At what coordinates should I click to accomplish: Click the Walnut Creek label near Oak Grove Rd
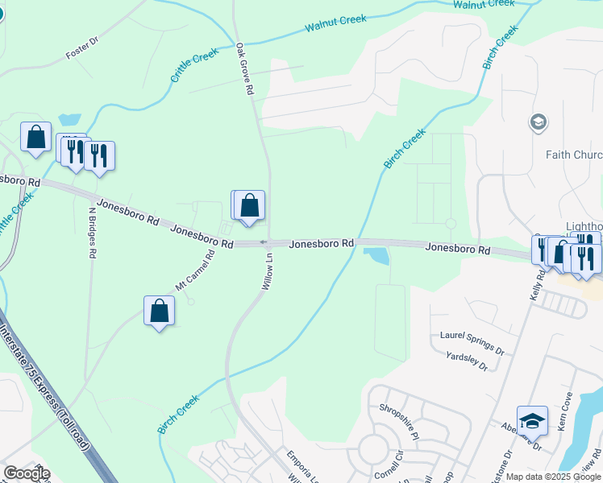pos(335,23)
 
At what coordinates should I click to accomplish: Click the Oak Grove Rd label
pos(245,70)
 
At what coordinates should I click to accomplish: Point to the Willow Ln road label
pos(268,272)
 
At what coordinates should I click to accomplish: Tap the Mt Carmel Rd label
pos(195,271)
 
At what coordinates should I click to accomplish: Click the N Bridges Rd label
pos(91,231)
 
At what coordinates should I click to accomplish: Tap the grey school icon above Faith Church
pos(538,122)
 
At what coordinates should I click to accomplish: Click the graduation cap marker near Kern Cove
pos(532,420)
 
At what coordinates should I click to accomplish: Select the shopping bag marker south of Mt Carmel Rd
pos(160,311)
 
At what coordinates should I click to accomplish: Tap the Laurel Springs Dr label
pos(472,342)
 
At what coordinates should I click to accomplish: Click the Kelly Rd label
pos(537,284)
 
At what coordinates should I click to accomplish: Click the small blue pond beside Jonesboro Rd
pos(376,257)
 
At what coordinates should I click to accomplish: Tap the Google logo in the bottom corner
pos(26,473)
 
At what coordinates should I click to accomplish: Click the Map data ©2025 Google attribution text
pos(553,477)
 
